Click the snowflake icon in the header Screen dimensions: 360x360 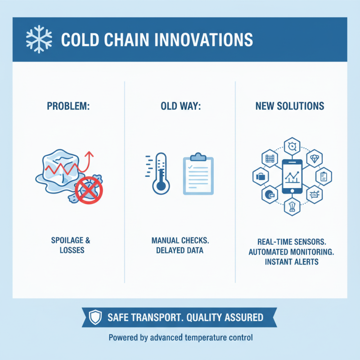(37, 39)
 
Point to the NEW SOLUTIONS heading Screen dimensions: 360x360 (289, 106)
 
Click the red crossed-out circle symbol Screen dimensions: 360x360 (89, 191)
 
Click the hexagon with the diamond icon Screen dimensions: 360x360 (314, 158)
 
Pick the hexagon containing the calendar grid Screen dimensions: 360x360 (270, 159)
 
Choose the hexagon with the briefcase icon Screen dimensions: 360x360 (261, 176)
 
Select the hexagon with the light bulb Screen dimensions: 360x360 (291, 207)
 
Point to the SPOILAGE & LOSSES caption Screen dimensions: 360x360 (68, 245)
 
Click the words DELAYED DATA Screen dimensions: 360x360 (180, 250)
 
